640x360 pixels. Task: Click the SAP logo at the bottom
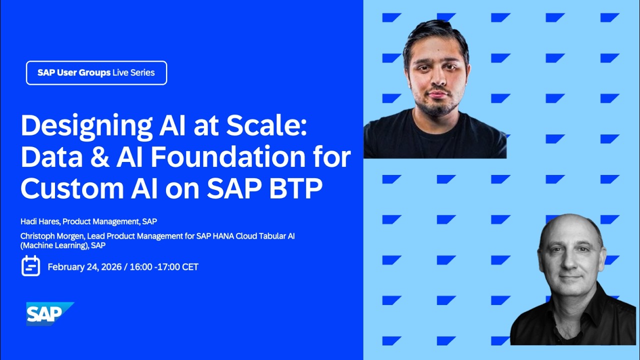[x=48, y=313]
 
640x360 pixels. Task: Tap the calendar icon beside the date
[x=30, y=266]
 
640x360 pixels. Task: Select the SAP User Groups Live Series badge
[x=96, y=73]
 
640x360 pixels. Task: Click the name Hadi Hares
[x=39, y=221]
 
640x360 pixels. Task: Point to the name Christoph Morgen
[x=50, y=236]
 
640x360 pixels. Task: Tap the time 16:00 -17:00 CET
[x=164, y=267]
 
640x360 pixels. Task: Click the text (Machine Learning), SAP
[x=63, y=245]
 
